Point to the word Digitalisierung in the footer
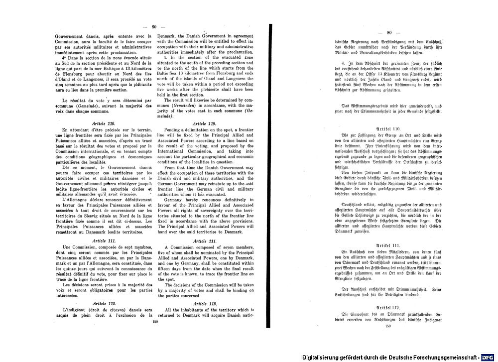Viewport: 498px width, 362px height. pyautogui.click(x=325, y=358)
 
